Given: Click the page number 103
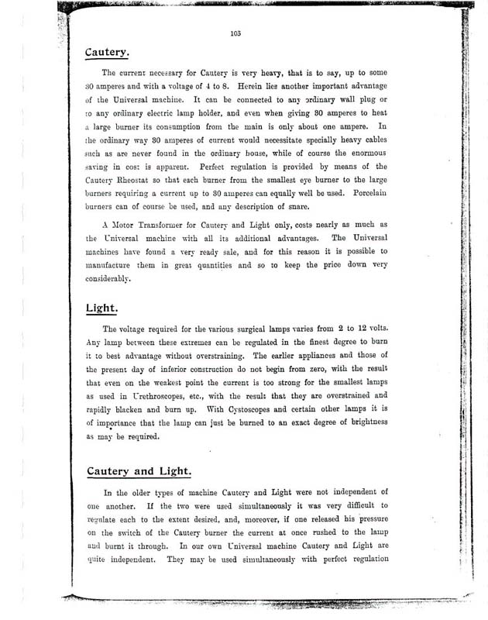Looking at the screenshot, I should click(236, 32).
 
